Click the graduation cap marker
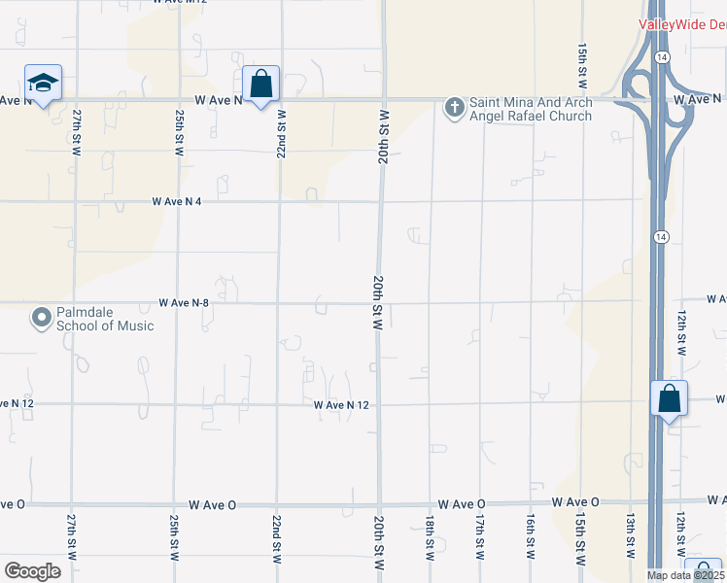point(43,83)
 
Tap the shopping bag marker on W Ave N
point(260,84)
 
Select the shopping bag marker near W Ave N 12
point(669,398)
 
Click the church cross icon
point(454,107)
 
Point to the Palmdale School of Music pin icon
point(42,318)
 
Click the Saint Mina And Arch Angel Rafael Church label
point(531,109)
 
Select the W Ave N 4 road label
point(183,201)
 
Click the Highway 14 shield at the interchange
point(661,58)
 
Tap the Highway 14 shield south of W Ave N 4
point(661,236)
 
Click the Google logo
point(32,570)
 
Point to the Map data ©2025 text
point(685,575)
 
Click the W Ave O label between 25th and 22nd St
point(213,504)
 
